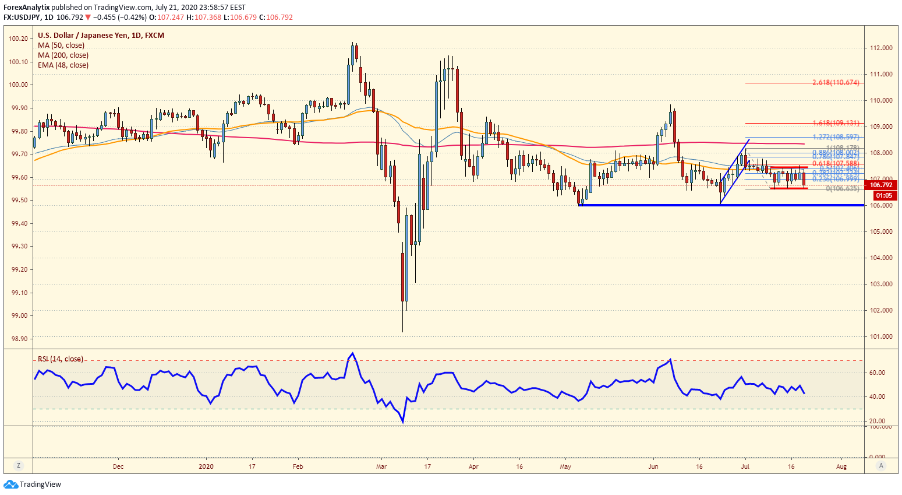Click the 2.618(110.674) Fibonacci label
(x=836, y=83)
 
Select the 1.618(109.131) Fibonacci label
(x=836, y=123)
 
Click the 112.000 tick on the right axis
(x=881, y=48)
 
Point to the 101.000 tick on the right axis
(x=881, y=336)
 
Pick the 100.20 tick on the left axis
(x=19, y=38)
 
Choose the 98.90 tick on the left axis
(x=19, y=339)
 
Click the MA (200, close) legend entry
(x=63, y=55)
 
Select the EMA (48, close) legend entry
(x=63, y=65)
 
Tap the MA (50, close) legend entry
(x=61, y=45)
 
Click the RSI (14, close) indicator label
(x=61, y=359)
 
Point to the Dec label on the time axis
(x=118, y=466)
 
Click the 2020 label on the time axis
(x=206, y=466)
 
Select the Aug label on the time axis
(x=841, y=466)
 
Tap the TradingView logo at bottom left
(x=33, y=485)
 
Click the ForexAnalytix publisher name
(x=27, y=8)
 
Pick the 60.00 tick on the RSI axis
(x=877, y=373)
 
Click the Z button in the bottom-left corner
(x=19, y=465)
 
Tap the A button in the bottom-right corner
(x=882, y=465)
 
